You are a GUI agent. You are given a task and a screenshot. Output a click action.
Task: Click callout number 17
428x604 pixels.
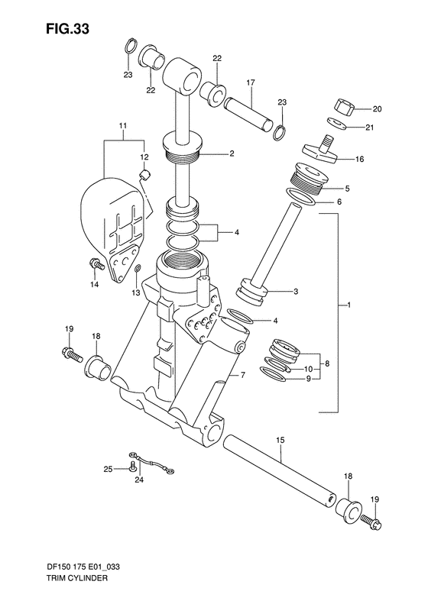click(x=249, y=82)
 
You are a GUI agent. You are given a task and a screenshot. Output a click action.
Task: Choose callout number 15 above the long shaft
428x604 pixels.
click(x=280, y=441)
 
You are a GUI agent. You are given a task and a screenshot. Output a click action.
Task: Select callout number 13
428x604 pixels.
click(x=135, y=292)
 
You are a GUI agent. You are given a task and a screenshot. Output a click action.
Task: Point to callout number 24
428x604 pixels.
click(x=139, y=480)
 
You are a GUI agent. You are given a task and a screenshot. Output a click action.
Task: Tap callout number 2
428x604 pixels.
click(x=231, y=153)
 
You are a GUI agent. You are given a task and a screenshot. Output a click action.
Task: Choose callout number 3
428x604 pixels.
click(x=295, y=291)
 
